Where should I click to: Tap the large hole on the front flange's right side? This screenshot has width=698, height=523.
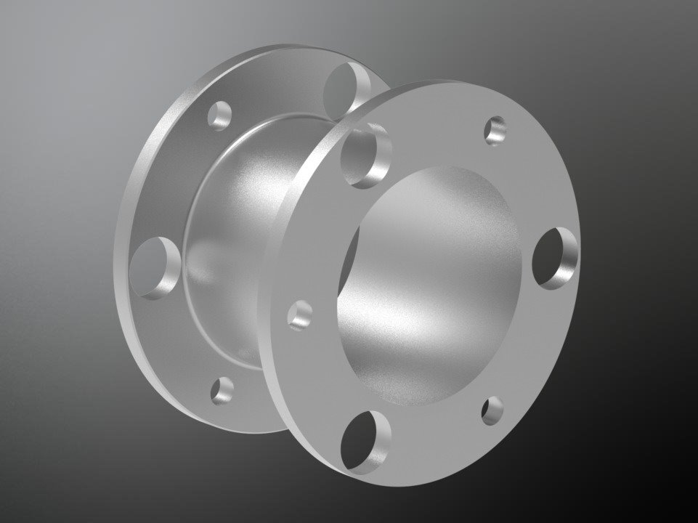[x=556, y=258]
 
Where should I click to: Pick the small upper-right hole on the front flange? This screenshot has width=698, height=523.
[x=497, y=130]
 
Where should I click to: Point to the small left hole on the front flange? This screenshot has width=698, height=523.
[x=300, y=315]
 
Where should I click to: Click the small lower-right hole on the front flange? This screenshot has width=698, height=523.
[x=492, y=411]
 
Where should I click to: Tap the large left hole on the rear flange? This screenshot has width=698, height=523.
[x=155, y=267]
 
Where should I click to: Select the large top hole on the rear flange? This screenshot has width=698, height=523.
[x=344, y=89]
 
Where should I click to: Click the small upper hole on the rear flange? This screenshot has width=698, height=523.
[x=220, y=115]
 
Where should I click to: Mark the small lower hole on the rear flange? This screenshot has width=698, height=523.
[x=222, y=390]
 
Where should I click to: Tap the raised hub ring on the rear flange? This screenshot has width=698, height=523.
[x=191, y=291]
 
